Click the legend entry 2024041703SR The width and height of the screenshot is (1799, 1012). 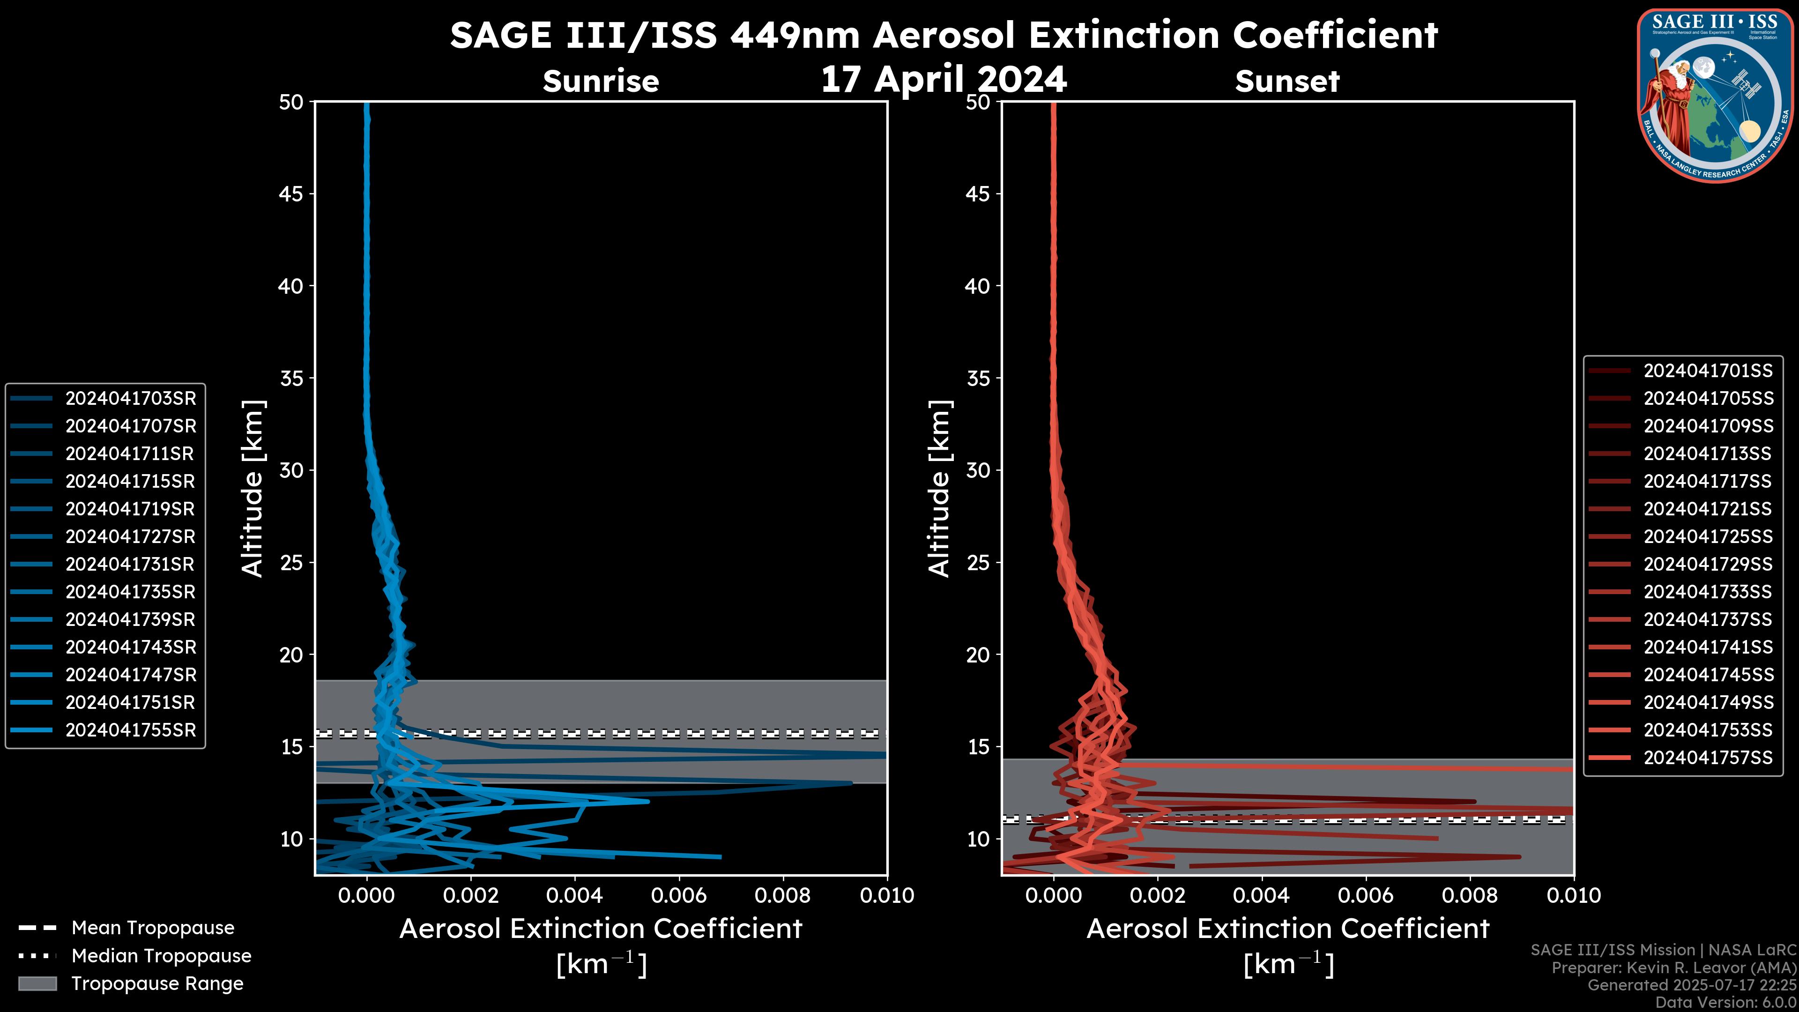click(x=131, y=398)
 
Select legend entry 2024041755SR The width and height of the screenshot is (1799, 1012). click(x=131, y=730)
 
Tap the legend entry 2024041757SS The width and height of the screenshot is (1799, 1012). click(x=1708, y=757)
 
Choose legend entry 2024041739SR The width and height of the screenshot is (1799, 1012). click(x=131, y=619)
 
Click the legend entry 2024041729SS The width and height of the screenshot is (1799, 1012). click(x=1708, y=564)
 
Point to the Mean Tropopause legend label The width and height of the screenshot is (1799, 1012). click(x=153, y=928)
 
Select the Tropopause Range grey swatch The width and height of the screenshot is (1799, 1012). click(x=37, y=983)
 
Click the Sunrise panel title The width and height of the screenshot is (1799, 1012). click(x=601, y=81)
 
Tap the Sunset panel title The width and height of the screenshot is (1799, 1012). click(x=1287, y=81)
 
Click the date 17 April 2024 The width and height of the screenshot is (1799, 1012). click(x=944, y=79)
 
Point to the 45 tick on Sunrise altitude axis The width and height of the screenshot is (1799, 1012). click(x=291, y=193)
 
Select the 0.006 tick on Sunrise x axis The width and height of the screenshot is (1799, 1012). click(x=679, y=895)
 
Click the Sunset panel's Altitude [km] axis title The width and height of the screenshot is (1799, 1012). click(x=939, y=488)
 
